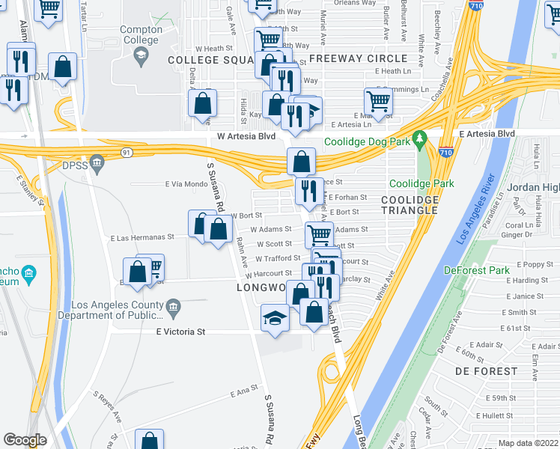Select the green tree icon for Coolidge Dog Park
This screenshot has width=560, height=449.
coord(420,138)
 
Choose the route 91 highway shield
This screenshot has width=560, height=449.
coord(127,153)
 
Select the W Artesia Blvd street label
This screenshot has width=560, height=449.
coord(246,137)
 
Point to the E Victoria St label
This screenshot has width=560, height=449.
coord(180,331)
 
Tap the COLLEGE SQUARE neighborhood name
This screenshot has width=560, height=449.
coord(212,60)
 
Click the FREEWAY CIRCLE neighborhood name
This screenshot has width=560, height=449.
coord(358,58)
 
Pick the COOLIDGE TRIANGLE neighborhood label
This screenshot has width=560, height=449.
coord(409,205)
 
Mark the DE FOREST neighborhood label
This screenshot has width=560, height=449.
coord(485,370)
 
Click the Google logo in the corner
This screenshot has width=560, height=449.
coord(25,440)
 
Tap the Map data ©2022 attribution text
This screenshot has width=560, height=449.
coord(528,443)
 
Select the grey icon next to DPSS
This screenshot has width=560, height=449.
coord(96,162)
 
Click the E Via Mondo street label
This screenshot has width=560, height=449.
coord(185,184)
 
